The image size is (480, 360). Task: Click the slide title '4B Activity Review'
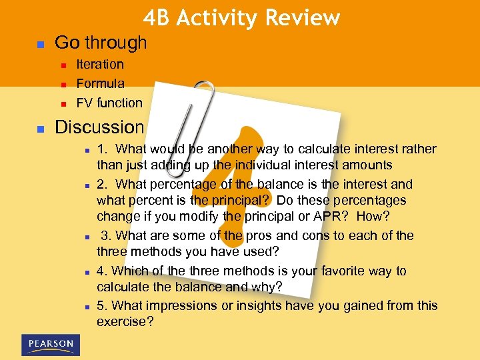241,18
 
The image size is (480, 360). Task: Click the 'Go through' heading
101,43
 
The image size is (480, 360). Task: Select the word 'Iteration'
100,64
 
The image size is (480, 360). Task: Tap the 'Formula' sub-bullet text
100,83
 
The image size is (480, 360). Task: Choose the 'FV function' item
109,103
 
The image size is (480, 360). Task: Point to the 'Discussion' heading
99,127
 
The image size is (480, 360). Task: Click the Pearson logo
51,344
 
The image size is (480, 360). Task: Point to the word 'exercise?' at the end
125,321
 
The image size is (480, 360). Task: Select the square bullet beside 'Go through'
39,44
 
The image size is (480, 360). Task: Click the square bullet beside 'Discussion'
39,128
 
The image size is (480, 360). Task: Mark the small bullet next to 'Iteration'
63,65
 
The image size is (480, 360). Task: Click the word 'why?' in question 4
268,286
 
